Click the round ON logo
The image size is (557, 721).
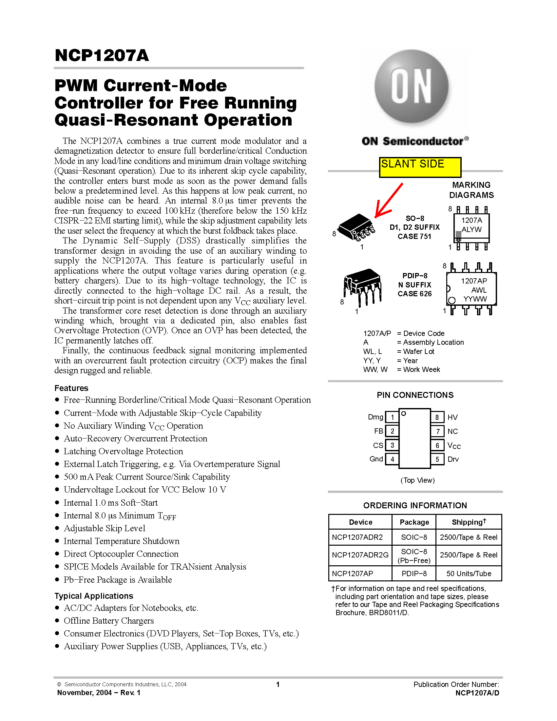point(411,87)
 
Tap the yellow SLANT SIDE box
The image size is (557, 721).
point(420,167)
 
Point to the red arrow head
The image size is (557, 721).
point(379,213)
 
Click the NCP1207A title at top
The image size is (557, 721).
point(102,55)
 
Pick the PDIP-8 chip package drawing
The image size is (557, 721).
point(362,286)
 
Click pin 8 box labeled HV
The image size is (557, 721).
point(437,417)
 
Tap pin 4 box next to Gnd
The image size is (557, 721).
point(392,459)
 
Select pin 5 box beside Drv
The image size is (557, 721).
point(437,459)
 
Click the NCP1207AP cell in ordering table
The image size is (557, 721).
point(353,574)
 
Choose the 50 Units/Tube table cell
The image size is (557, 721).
point(469,574)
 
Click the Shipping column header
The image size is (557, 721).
point(469,522)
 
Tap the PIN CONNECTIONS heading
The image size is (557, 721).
point(415,395)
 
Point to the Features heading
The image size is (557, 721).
point(71,388)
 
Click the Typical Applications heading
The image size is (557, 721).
point(94,596)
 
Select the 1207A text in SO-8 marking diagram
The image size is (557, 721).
point(471,220)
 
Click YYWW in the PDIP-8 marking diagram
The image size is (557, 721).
point(475,299)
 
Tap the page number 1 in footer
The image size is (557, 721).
point(278,684)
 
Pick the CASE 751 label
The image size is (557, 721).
point(414,236)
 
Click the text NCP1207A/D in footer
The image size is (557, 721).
point(477,693)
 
